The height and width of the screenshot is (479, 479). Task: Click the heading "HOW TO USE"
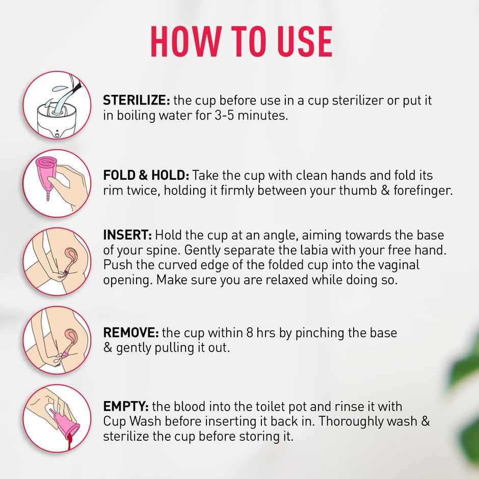coord(241,41)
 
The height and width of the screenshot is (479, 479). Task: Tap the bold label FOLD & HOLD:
coord(146,175)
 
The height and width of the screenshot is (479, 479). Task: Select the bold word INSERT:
coord(127,235)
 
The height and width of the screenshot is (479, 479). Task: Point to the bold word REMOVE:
coord(131,333)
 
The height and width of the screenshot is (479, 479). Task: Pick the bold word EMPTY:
coord(125,407)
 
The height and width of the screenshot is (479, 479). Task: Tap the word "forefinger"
coord(424,191)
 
